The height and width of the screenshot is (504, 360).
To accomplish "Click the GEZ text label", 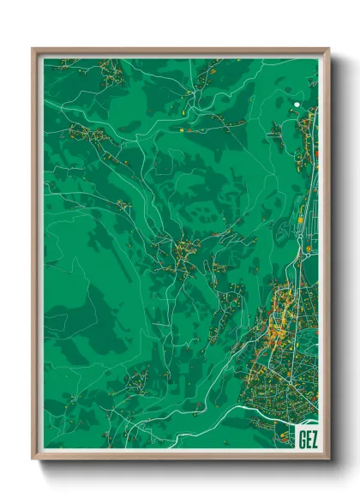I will tap(306, 438).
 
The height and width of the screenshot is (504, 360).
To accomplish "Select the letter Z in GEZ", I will tap(313, 438).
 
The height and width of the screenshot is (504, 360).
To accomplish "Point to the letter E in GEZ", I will tap(307, 438).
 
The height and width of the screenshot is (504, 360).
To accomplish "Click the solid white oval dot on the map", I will tap(297, 105).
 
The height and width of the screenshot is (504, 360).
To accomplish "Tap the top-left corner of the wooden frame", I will tap(33, 49).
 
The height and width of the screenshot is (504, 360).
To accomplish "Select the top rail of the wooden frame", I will tap(180, 51).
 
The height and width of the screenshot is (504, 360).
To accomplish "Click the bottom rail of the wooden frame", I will tap(180, 455).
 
